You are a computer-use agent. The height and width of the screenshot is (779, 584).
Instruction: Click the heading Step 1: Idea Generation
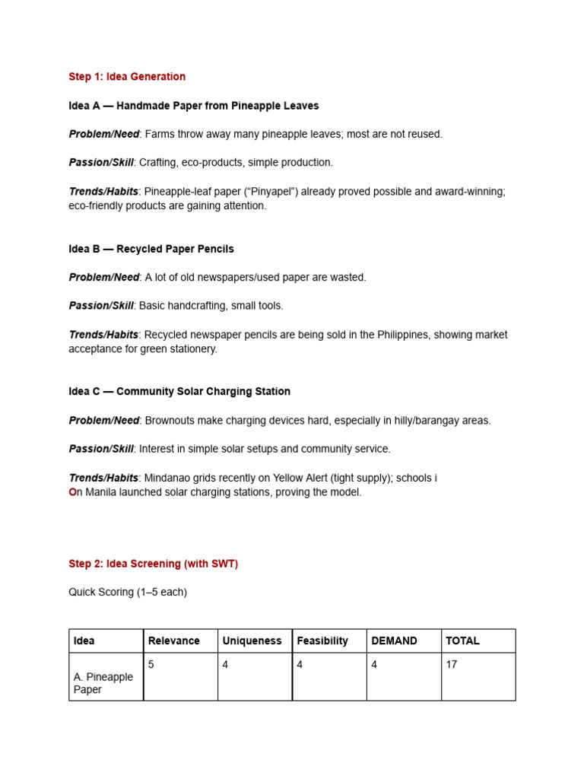pyautogui.click(x=127, y=77)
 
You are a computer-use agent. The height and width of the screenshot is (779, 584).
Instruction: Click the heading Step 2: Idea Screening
pyautogui.click(x=153, y=564)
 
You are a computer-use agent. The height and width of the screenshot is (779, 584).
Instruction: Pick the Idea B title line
pyautogui.click(x=151, y=249)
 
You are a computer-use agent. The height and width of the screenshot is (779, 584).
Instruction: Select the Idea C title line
pyautogui.click(x=179, y=392)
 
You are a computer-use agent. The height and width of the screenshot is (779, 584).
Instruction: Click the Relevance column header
pyautogui.click(x=174, y=641)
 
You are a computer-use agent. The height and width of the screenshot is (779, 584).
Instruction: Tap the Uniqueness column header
pyautogui.click(x=252, y=641)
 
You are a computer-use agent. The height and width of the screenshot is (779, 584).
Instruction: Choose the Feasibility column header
pyautogui.click(x=322, y=641)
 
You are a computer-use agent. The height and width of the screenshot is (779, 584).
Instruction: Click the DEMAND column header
pyautogui.click(x=394, y=641)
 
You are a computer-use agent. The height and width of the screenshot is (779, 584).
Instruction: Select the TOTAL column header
pyautogui.click(x=462, y=641)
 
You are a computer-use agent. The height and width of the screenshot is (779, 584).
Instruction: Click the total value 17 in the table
pyautogui.click(x=452, y=664)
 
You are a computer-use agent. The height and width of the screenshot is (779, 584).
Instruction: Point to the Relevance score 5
pyautogui.click(x=151, y=664)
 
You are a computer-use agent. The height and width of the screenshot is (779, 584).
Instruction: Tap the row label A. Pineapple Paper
pyautogui.click(x=103, y=683)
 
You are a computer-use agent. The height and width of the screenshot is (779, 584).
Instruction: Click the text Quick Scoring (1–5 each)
pyautogui.click(x=128, y=592)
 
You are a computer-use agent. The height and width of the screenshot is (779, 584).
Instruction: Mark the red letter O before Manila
pyautogui.click(x=73, y=492)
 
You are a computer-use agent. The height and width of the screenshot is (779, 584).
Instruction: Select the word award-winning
pyautogui.click(x=466, y=192)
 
